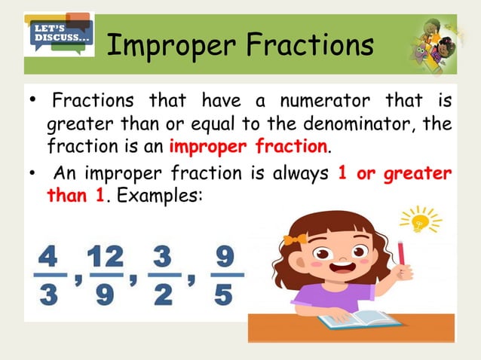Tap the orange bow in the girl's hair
click(295, 239)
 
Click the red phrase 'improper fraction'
click(250, 144)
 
